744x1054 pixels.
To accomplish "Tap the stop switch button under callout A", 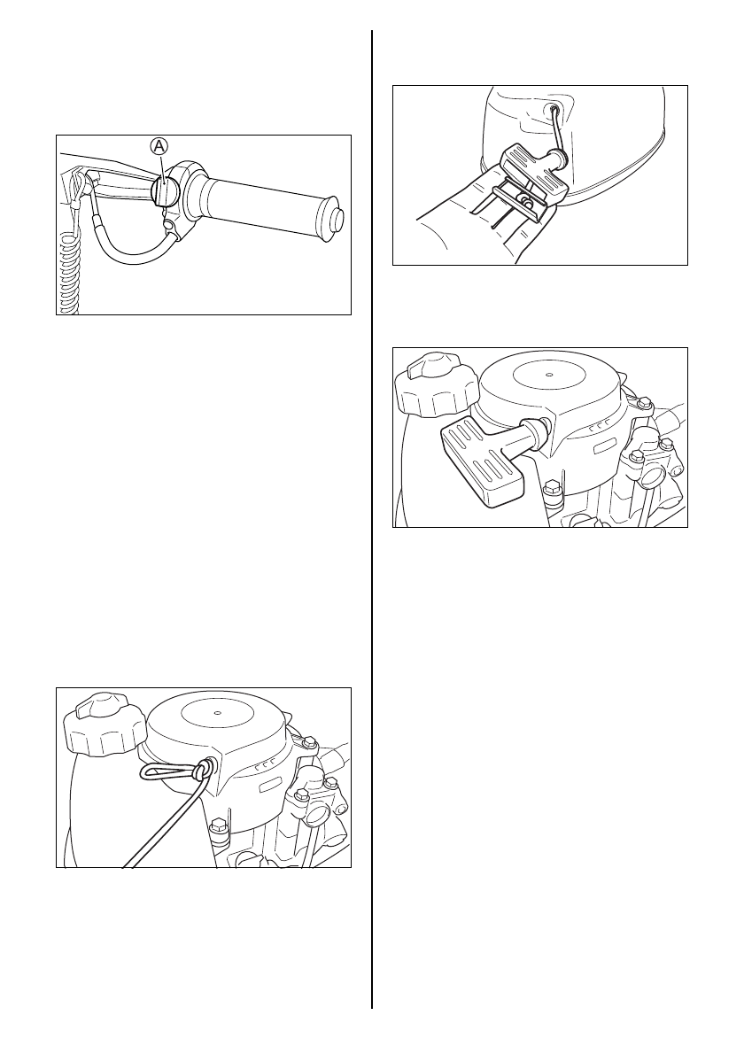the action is (x=163, y=190).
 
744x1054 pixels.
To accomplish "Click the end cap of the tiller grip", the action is (x=335, y=220).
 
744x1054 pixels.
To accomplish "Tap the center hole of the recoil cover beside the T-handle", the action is (x=549, y=375).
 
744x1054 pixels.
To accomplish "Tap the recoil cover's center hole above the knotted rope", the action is (x=217, y=714).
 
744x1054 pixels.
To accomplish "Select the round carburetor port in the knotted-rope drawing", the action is (x=316, y=818).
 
